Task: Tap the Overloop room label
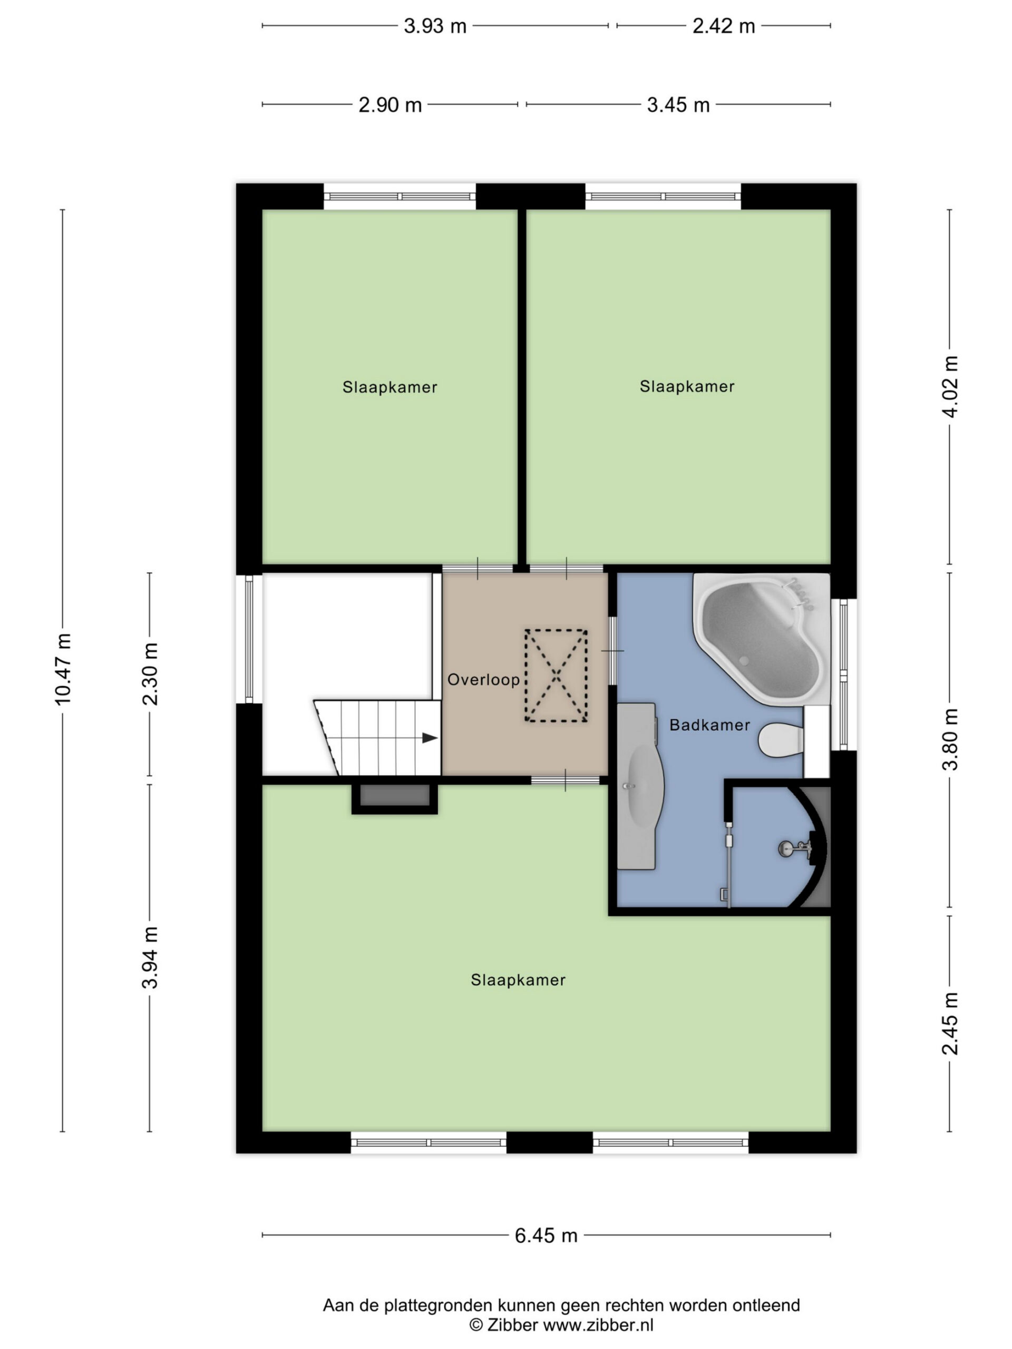coord(483,679)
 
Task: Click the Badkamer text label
coord(709,725)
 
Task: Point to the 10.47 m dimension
coord(63,669)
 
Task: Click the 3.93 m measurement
coord(435,26)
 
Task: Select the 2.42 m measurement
coord(724,26)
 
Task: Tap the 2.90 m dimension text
coord(390,105)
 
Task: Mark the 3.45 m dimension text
coord(678,105)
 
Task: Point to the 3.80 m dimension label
coord(950,740)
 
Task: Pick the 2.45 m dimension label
coord(950,1023)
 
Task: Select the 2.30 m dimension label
coord(150,674)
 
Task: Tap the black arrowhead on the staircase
coord(430,738)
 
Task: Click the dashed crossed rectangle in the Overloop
coord(556,676)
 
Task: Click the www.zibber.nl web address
coord(598,1325)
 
